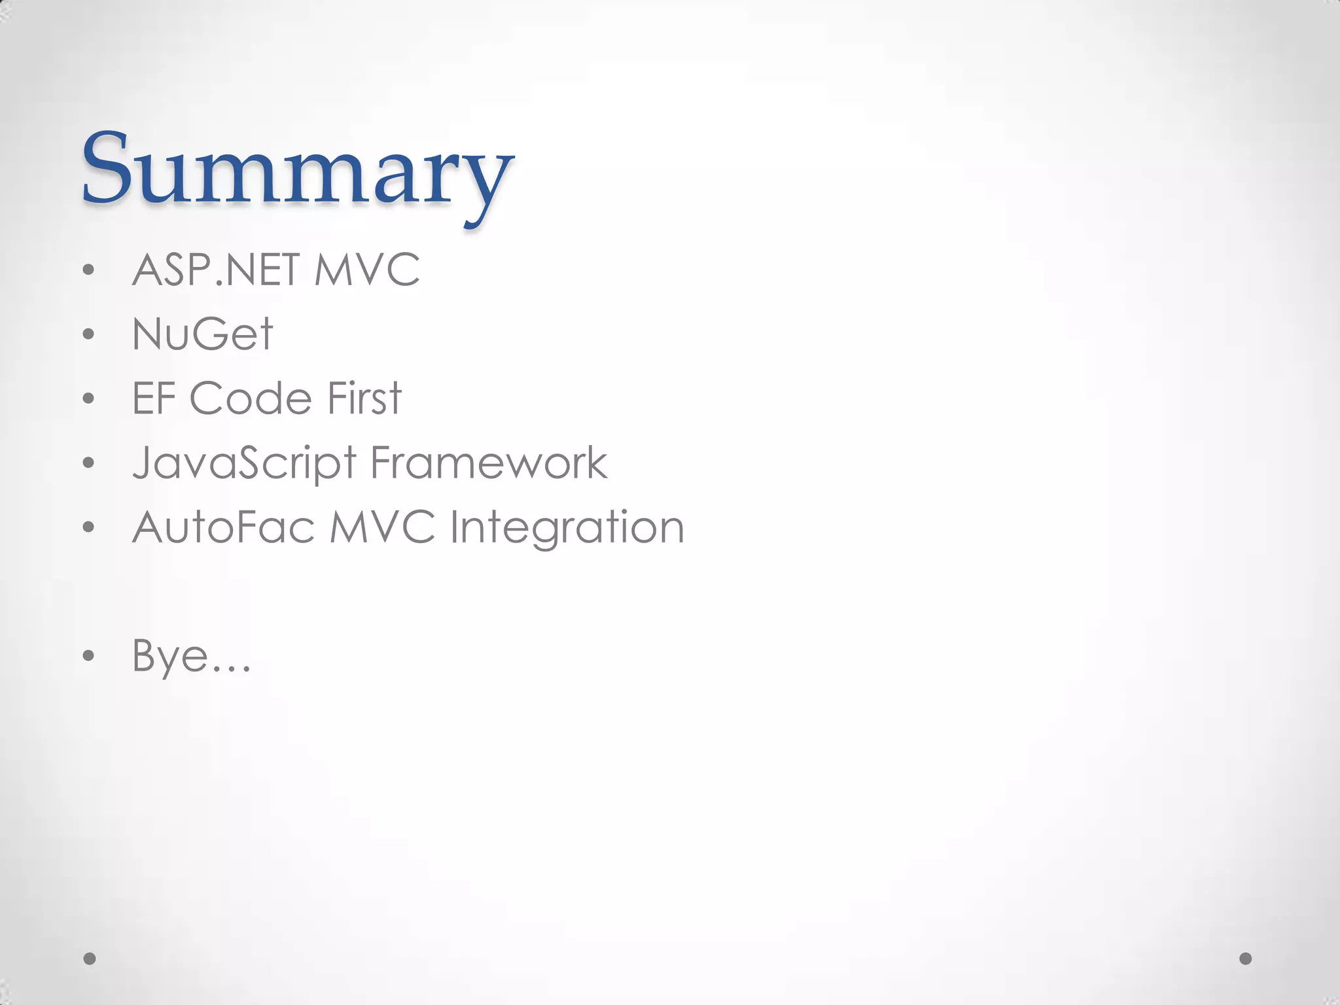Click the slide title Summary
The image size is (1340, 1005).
pyautogui.click(x=298, y=171)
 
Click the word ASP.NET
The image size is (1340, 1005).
pyautogui.click(x=217, y=270)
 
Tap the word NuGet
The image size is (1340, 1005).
pyautogui.click(x=202, y=334)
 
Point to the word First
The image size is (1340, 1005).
pyautogui.click(x=364, y=398)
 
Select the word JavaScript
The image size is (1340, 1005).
pyautogui.click(x=245, y=463)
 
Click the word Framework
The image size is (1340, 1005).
pyautogui.click(x=489, y=463)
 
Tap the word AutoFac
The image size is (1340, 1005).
pyautogui.click(x=223, y=527)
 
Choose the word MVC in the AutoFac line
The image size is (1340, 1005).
pyautogui.click(x=382, y=527)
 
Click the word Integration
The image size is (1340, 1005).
pyautogui.click(x=567, y=527)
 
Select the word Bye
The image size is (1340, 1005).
pyautogui.click(x=171, y=655)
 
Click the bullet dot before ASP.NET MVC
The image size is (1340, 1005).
pyautogui.click(x=89, y=270)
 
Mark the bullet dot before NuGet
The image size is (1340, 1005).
pyautogui.click(x=89, y=334)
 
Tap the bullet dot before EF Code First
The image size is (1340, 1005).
pyautogui.click(x=89, y=398)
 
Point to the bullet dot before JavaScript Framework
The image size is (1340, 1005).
pyautogui.click(x=89, y=463)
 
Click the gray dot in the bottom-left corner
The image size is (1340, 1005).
pyautogui.click(x=90, y=959)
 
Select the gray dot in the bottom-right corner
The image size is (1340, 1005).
pyautogui.click(x=1246, y=959)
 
